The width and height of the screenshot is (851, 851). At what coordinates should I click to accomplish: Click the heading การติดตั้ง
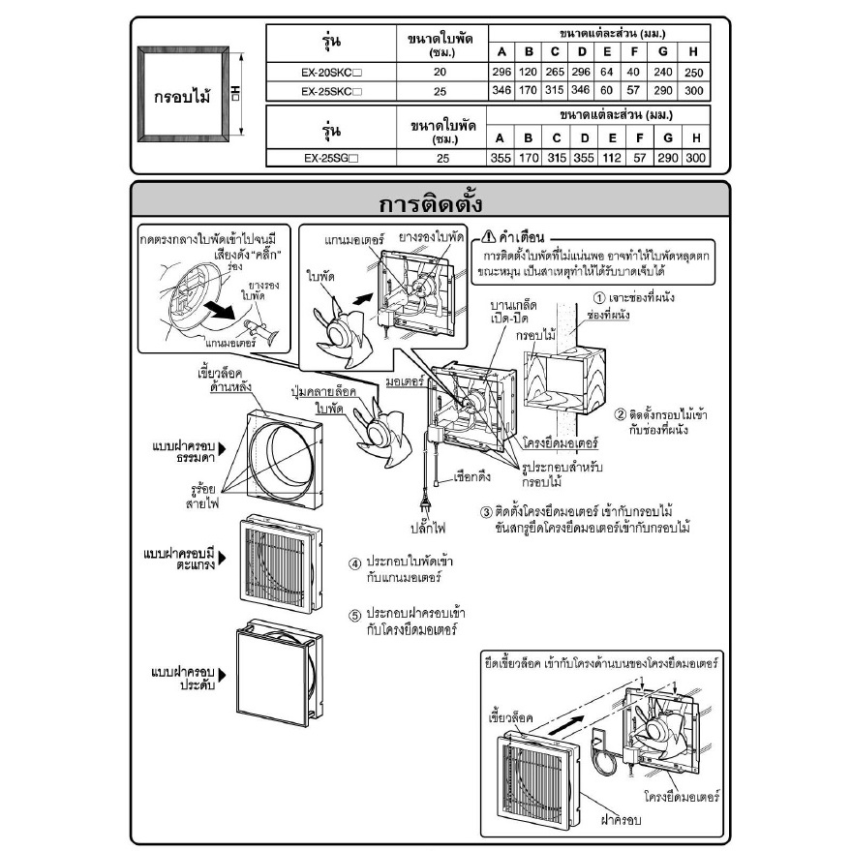click(430, 204)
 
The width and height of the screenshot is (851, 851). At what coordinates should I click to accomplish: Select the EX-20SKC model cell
click(331, 73)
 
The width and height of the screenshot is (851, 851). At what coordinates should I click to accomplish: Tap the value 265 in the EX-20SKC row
click(555, 72)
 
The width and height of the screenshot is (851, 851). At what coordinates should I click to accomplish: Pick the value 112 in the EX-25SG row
click(612, 158)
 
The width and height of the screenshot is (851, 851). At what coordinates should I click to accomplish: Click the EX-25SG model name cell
click(331, 159)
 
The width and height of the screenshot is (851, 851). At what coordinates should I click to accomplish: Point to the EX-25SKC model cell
click(331, 91)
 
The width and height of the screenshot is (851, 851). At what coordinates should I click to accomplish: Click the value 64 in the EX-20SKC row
click(607, 72)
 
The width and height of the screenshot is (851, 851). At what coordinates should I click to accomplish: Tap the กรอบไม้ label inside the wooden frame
click(182, 98)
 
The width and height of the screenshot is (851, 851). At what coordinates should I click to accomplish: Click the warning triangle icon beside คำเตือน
click(489, 236)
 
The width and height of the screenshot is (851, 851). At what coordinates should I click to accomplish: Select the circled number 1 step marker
click(598, 298)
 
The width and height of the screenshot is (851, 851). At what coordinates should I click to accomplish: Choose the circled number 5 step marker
click(354, 616)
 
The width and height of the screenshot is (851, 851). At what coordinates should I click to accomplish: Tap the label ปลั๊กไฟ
click(428, 528)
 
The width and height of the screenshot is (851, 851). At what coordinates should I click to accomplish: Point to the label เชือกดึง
click(472, 477)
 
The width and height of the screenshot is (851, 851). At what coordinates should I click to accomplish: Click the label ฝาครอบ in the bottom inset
click(621, 819)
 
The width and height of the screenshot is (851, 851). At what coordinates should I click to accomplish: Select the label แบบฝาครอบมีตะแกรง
click(180, 559)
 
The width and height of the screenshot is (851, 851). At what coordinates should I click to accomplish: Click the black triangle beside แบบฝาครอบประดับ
click(222, 675)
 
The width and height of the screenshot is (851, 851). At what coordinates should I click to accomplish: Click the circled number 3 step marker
click(486, 512)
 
